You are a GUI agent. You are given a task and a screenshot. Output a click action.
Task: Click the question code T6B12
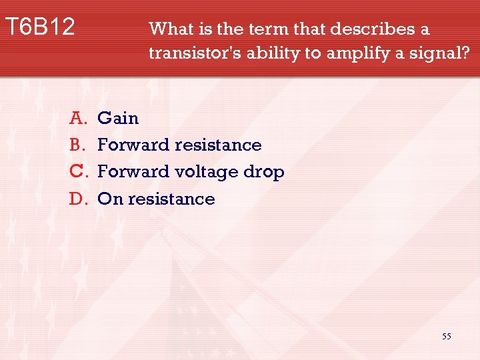40,27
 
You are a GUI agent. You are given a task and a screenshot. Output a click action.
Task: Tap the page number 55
447,337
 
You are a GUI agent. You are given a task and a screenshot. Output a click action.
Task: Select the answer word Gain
118,118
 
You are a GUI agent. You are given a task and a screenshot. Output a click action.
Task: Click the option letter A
79,118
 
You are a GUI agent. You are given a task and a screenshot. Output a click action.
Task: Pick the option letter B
79,145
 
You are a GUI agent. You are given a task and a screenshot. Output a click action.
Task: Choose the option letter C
79,171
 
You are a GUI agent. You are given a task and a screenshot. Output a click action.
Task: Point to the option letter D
79,199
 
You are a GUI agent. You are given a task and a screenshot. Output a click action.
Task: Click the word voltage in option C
207,172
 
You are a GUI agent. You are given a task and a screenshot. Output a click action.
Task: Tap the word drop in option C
264,173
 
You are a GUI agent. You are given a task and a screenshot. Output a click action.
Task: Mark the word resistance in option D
171,199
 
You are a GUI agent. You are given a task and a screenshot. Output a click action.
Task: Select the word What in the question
168,29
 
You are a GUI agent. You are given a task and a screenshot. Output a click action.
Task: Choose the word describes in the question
372,29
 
